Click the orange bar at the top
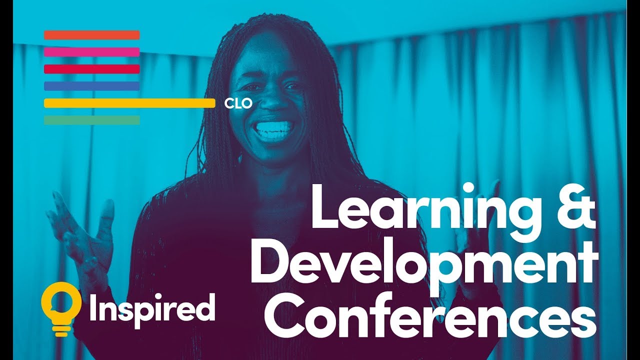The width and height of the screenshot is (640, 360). click(x=91, y=35)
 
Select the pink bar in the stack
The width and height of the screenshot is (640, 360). click(x=91, y=52)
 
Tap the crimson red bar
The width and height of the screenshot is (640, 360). click(x=91, y=69)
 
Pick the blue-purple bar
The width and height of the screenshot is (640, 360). click(x=91, y=86)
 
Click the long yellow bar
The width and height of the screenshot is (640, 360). click(x=129, y=103)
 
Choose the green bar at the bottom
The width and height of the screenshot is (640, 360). click(x=91, y=120)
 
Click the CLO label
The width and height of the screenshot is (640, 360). click(x=238, y=103)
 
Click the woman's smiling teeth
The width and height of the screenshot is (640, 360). click(x=273, y=128)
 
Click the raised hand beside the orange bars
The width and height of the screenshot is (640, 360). click(x=82, y=235)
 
